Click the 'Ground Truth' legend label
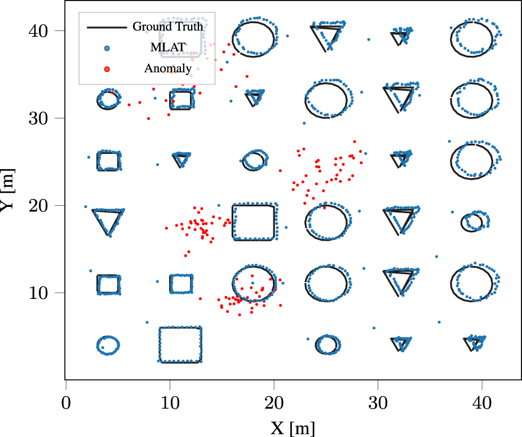click(167, 27)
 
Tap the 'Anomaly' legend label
click(167, 69)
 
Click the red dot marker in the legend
click(107, 69)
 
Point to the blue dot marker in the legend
click(107, 48)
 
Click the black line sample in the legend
click(106, 27)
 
